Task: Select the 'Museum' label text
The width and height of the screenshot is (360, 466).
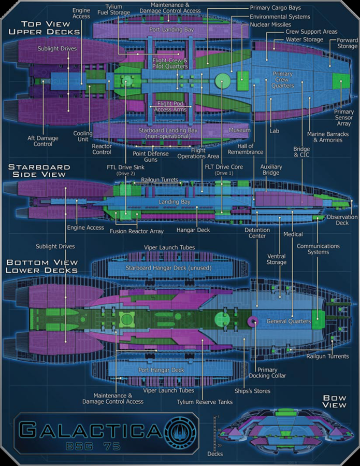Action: tap(239, 130)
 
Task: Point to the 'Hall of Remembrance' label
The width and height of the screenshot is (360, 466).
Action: tap(246, 156)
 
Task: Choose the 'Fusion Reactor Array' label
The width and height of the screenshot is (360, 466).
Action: tap(136, 231)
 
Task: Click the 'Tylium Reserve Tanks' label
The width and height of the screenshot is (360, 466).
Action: tap(205, 402)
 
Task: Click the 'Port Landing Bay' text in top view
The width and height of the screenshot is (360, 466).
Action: tap(171, 30)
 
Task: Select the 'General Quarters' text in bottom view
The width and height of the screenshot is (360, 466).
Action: tap(289, 321)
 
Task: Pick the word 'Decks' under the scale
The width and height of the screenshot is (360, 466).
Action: tap(215, 454)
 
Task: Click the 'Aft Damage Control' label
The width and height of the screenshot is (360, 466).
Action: tap(43, 141)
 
